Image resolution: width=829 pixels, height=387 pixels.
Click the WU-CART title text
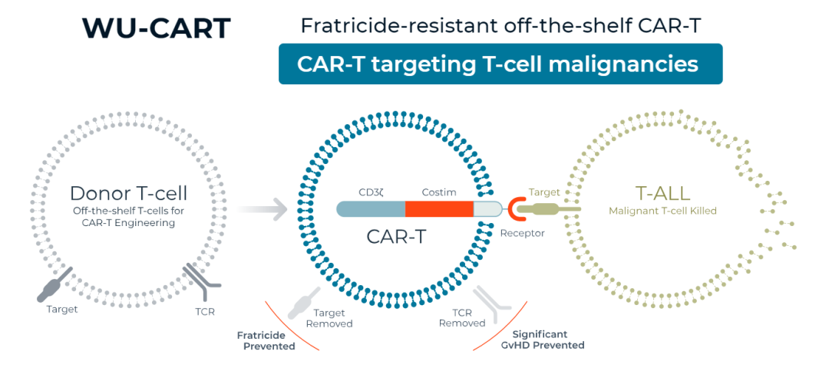pos(156,29)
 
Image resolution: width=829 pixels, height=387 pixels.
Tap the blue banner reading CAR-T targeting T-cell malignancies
pos(500,64)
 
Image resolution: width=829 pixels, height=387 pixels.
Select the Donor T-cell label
pos(128,193)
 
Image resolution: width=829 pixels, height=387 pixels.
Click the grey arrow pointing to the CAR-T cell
pos(263,209)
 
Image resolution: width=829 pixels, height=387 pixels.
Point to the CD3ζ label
pos(371,192)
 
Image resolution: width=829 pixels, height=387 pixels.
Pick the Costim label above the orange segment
pos(439,192)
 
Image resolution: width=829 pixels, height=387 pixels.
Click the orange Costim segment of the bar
pos(439,209)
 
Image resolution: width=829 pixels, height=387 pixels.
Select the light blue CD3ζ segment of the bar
pos(372,209)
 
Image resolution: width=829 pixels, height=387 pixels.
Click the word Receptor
pos(523,233)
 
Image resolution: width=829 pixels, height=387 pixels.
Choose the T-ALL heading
pos(662,194)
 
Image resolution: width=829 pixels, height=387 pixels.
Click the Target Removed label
pos(329,318)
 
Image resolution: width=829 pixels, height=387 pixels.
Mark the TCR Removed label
pos(462,318)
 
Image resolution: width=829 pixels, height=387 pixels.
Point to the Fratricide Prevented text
pos(266,340)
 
